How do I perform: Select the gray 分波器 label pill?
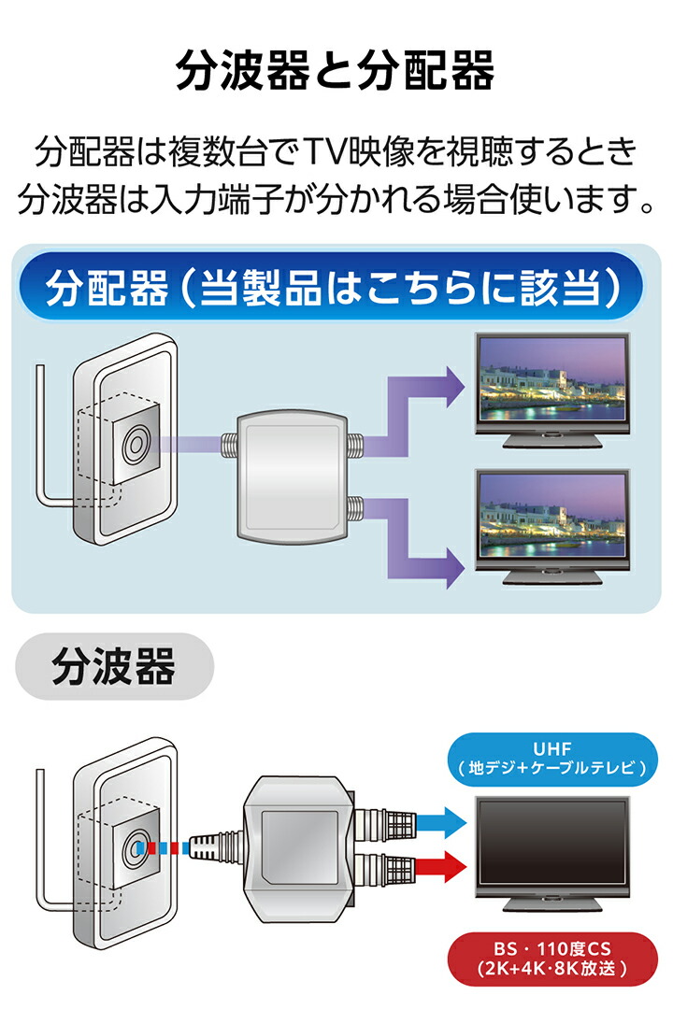[114, 667]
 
